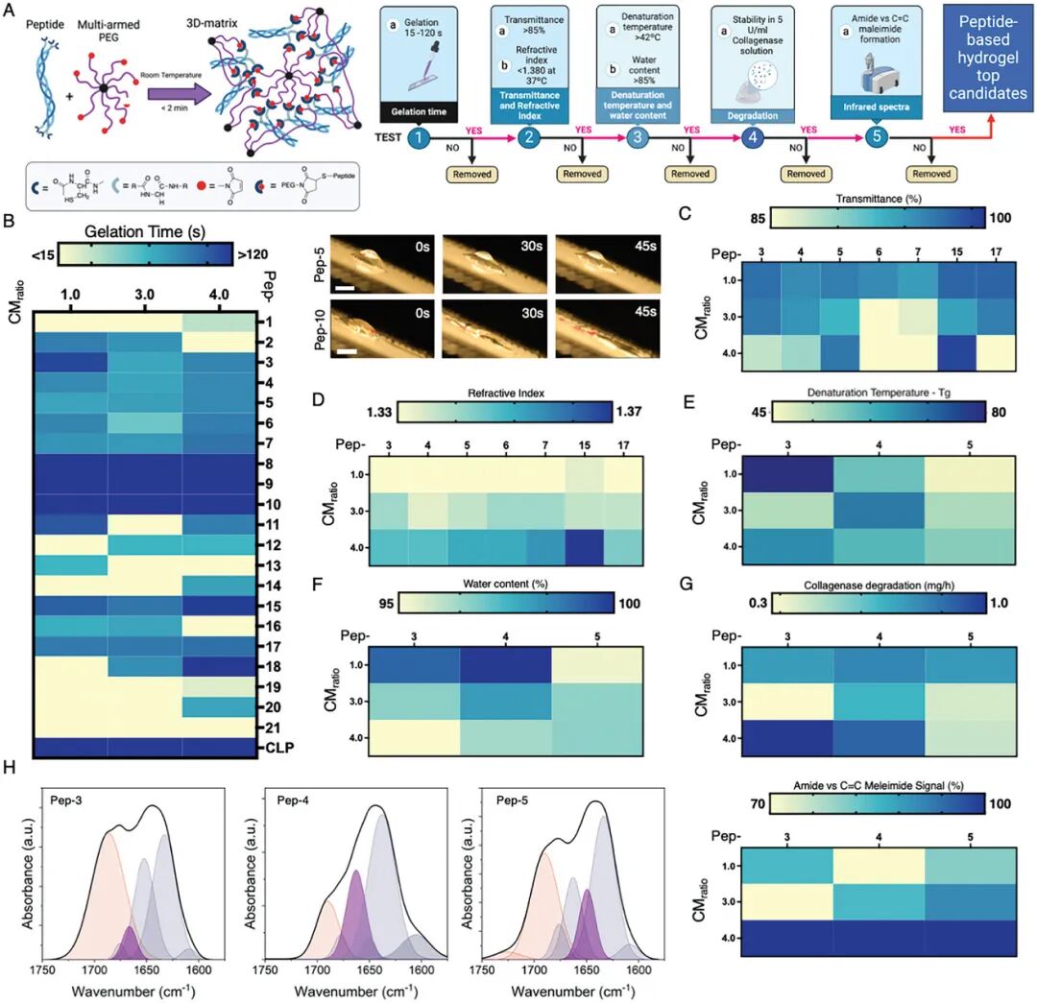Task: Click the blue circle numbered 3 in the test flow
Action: click(636, 137)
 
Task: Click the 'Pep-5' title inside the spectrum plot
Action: click(506, 800)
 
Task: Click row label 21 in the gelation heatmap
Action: click(274, 728)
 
